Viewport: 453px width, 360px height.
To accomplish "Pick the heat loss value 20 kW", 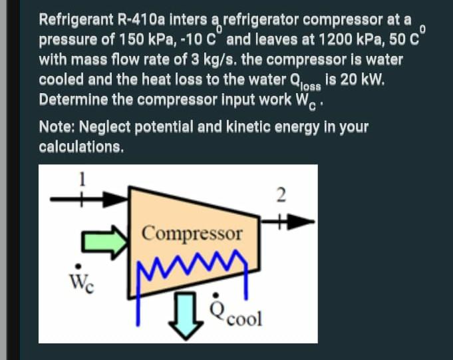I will tap(359, 80).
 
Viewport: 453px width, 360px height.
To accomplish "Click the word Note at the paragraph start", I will tap(55, 126).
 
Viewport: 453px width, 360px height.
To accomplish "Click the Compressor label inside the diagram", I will tap(193, 234).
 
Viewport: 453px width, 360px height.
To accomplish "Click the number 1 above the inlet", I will tap(83, 178).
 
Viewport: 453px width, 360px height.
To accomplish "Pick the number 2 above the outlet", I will tap(280, 194).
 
